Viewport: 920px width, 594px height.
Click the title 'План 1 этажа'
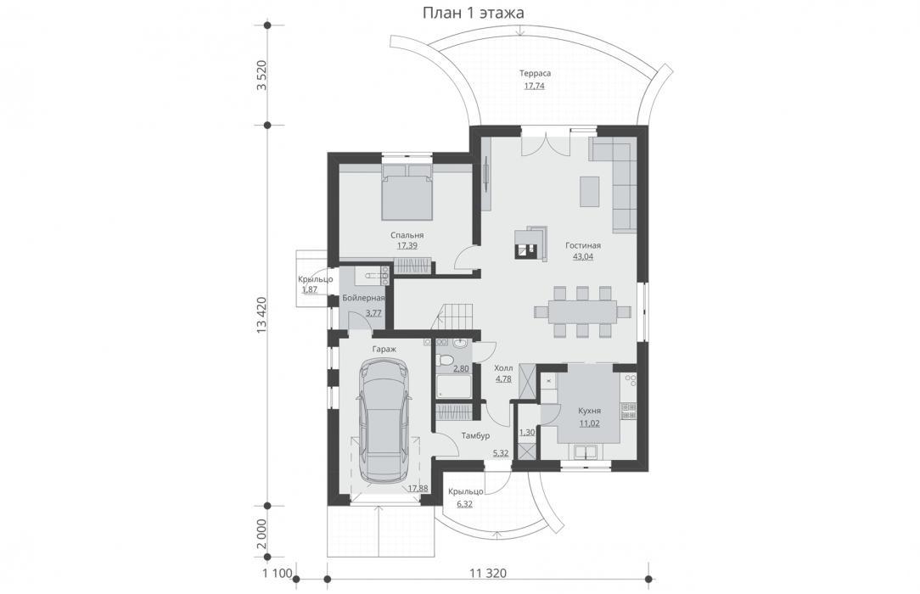click(x=473, y=13)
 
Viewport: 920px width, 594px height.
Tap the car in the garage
click(x=384, y=420)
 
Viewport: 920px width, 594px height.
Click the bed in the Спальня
click(x=407, y=192)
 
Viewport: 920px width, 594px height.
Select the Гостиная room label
click(x=582, y=246)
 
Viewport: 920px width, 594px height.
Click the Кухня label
click(x=589, y=411)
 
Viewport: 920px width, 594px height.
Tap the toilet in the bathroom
click(x=446, y=360)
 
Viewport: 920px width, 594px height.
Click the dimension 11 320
click(x=487, y=573)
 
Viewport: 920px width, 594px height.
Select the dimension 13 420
click(x=261, y=316)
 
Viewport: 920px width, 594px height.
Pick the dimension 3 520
click(x=261, y=75)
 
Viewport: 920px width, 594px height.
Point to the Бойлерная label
click(x=363, y=299)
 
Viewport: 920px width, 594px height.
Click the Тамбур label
click(x=475, y=435)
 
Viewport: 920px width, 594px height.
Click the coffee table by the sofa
click(x=590, y=191)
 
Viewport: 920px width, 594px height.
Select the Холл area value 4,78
click(x=503, y=378)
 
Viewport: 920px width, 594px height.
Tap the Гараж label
click(x=384, y=349)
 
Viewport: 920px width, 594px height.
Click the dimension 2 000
click(x=261, y=533)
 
